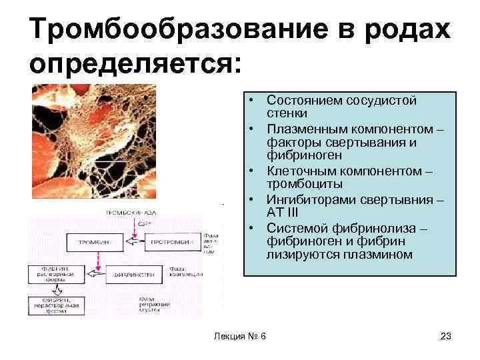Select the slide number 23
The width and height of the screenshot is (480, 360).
(x=446, y=336)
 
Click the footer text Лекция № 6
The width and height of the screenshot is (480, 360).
(x=239, y=336)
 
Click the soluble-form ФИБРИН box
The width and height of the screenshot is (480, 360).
(x=56, y=273)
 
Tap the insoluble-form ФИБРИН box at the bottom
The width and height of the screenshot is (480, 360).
(x=56, y=305)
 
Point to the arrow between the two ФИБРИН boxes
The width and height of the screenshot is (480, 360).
(x=56, y=290)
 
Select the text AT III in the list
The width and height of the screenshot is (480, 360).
(x=285, y=211)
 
